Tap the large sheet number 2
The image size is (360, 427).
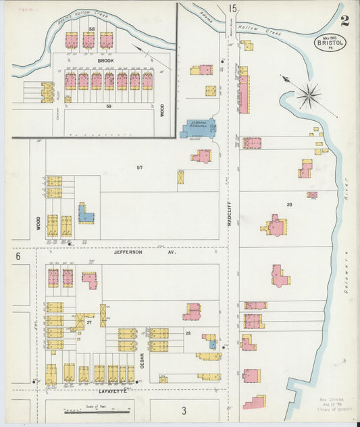[x=344, y=20]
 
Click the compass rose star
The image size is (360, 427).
[x=309, y=95]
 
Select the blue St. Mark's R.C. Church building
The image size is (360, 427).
[x=198, y=128]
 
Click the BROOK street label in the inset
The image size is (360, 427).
[x=105, y=61]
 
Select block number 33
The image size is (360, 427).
[x=289, y=204]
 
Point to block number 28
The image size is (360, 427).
[x=188, y=334]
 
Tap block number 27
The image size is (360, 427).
[x=89, y=324]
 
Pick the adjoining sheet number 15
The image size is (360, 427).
[x=232, y=9]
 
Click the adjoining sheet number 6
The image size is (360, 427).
[x=18, y=256]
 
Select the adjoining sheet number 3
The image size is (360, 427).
[x=183, y=409]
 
